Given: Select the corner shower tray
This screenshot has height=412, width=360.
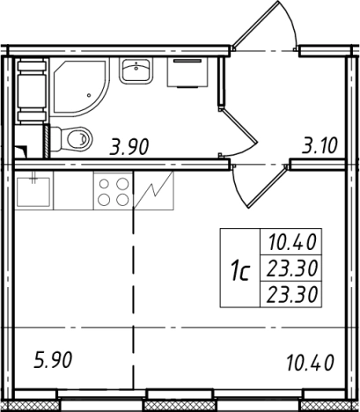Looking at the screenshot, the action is coord(79,87).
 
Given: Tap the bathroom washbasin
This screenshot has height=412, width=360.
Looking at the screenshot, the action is coord(136,70).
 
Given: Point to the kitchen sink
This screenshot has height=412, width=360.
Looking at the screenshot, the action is coord(34,191).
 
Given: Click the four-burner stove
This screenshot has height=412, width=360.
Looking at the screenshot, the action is coord(114,191).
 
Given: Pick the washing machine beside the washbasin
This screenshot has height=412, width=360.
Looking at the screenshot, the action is coord(187,72).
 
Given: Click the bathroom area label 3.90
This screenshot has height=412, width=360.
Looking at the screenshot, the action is coord(129,147).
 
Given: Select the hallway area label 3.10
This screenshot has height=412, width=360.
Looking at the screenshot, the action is coord(320,146).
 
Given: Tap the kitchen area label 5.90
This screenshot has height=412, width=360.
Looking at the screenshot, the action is coord(53,360).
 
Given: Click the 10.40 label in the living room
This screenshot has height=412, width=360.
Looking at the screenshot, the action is coord(311,363).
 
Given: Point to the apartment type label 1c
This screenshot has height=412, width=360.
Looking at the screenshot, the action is coord(240,272).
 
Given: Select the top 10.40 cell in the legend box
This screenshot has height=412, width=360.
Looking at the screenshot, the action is coord(292,242).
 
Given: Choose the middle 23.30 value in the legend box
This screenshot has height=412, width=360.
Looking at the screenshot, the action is coord(292,269).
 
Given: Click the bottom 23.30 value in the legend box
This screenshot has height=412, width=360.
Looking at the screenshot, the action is coord(292,294).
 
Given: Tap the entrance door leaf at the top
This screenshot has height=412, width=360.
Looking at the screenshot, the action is coord(256,25).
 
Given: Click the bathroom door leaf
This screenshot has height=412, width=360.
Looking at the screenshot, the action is coord(239,125).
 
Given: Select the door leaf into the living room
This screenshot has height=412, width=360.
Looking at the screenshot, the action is coord(268,187).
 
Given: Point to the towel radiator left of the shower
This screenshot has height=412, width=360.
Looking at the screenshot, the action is coord(33,91).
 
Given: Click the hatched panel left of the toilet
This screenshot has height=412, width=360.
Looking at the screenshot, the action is coord(47,142).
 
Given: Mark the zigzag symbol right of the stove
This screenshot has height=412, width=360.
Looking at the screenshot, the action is coord(154,191).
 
